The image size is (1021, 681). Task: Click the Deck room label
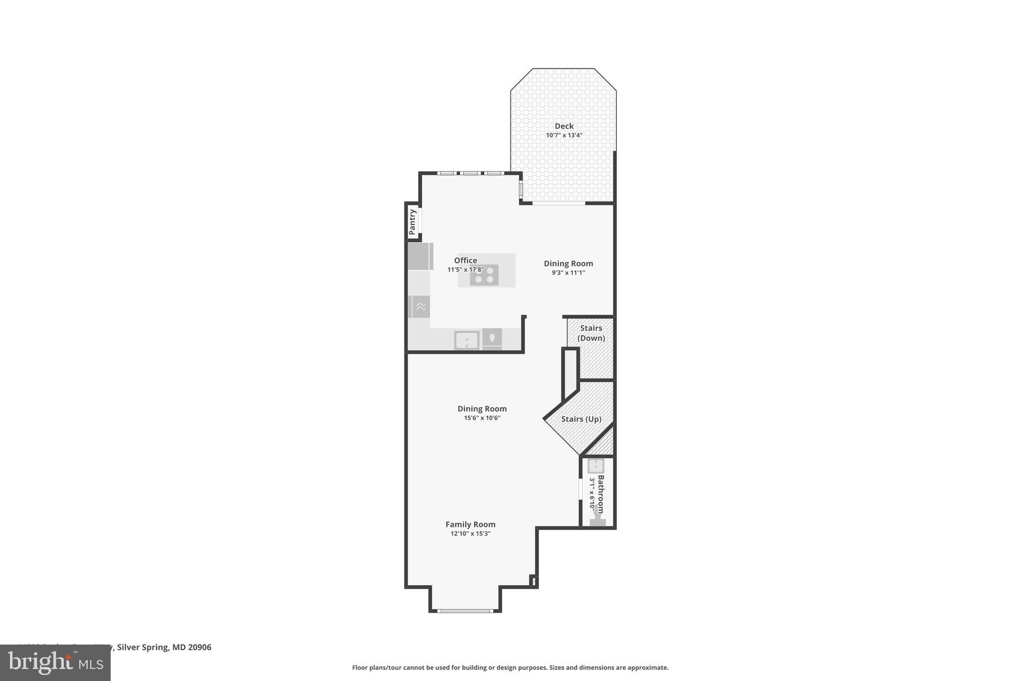(564, 126)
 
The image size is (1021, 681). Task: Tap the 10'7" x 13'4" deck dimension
(564, 135)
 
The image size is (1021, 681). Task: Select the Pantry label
(412, 222)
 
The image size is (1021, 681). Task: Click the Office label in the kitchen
(465, 260)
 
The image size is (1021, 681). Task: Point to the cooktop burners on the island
(484, 275)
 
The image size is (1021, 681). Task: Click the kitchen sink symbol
(467, 341)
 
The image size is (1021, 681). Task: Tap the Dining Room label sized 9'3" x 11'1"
(568, 263)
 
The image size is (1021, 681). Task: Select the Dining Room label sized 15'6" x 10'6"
(482, 409)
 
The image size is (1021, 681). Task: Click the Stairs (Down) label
(591, 333)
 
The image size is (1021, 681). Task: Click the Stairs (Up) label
(581, 419)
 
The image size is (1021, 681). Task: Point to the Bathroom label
(601, 494)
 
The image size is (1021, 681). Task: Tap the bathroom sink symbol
(596, 466)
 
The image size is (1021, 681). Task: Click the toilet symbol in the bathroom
(597, 521)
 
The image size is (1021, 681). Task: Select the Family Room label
(470, 524)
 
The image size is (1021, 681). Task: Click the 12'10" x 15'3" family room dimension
(470, 533)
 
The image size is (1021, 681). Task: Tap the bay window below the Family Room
(465, 610)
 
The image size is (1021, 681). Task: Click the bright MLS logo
(55, 663)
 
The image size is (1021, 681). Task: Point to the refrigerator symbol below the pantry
(420, 256)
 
